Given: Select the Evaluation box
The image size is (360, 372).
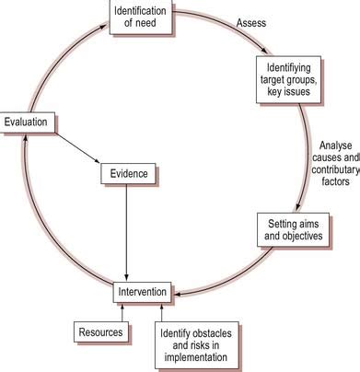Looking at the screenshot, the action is pos(29,121).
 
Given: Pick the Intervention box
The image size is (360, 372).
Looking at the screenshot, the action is pos(142,292).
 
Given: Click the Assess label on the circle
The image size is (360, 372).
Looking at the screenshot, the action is pos(252,22).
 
